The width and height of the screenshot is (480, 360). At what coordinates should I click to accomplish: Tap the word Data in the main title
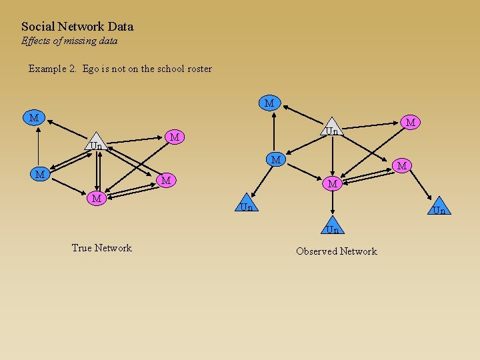pos(120,27)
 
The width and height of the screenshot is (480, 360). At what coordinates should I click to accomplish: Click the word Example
pos(47,69)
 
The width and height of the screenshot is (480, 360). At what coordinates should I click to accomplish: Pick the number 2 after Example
pos(73,69)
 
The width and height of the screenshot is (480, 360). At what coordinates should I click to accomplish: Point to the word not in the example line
pos(121,69)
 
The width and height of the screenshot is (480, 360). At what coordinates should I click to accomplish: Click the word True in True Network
pos(81,248)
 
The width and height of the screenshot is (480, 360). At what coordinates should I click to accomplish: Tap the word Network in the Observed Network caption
pos(359,251)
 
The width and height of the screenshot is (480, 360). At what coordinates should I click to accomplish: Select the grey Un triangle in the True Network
pos(97,143)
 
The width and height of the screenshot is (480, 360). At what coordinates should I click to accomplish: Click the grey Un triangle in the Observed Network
pos(331,129)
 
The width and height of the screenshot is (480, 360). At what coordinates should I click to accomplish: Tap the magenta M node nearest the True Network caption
pos(97,198)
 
